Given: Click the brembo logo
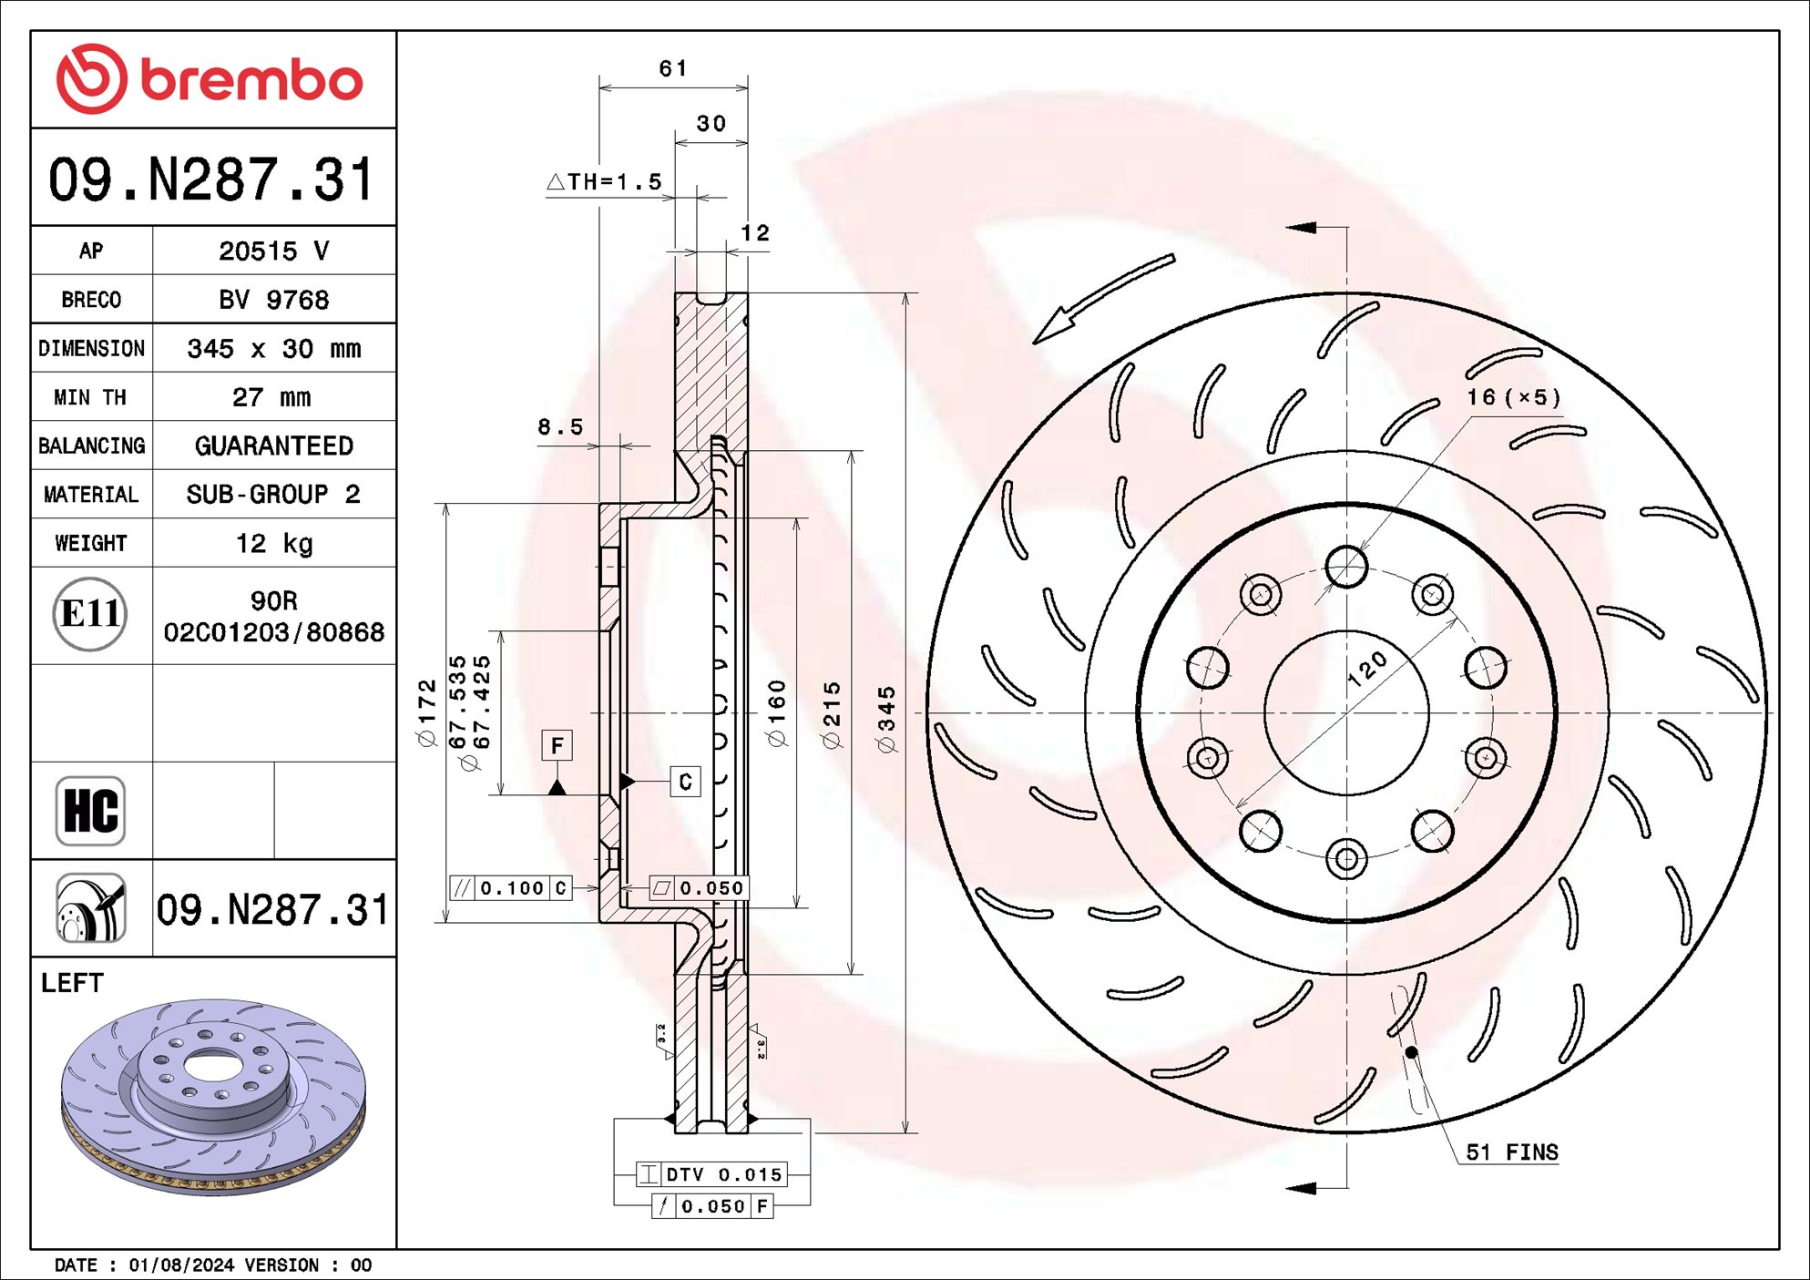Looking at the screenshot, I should pyautogui.click(x=210, y=80).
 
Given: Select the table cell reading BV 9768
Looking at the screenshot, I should pyautogui.click(x=273, y=300).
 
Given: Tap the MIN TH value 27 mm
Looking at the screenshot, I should pyautogui.click(x=271, y=397).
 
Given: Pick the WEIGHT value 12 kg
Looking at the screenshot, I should pyautogui.click(x=273, y=544).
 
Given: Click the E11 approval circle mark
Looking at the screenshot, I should pyautogui.click(x=89, y=614).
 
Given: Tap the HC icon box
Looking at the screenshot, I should pyautogui.click(x=90, y=811).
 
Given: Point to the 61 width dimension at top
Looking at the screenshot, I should pyautogui.click(x=672, y=68).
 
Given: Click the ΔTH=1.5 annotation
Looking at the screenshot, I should pyautogui.click(x=605, y=182).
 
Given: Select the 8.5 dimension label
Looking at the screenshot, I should pyautogui.click(x=559, y=426).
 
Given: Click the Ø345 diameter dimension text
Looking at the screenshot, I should pyautogui.click(x=886, y=720).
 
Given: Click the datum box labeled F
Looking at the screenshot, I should pyautogui.click(x=557, y=745).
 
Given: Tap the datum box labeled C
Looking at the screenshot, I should pyautogui.click(x=685, y=782).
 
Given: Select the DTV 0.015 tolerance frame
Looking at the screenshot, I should pyautogui.click(x=711, y=1174).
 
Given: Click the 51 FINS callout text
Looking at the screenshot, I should pyautogui.click(x=1511, y=1152).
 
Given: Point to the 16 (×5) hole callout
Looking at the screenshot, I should pyautogui.click(x=1513, y=397).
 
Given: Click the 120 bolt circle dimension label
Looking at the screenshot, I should pyautogui.click(x=1366, y=669).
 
